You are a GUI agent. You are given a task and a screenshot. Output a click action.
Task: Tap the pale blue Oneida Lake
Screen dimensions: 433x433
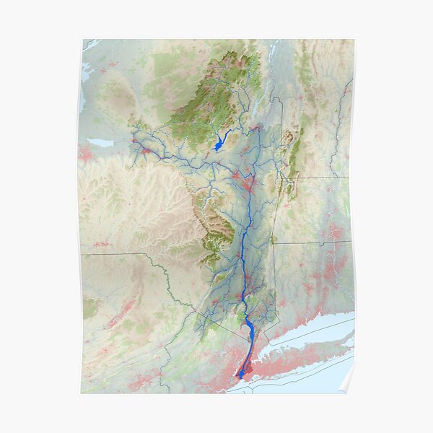tap(102, 143)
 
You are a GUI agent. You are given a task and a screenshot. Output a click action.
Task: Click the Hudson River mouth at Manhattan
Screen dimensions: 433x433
tap(240, 375)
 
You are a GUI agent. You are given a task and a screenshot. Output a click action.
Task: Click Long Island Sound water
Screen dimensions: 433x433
tap(303, 335)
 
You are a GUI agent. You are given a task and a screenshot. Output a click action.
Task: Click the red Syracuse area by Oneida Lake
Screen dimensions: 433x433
tap(87, 153)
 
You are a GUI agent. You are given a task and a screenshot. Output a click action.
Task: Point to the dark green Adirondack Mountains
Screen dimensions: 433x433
tap(216, 94)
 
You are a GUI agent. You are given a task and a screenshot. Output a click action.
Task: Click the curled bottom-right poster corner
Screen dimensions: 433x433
tap(347, 386)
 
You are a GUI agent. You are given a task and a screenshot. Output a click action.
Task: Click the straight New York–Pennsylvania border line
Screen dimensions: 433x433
tap(123, 255)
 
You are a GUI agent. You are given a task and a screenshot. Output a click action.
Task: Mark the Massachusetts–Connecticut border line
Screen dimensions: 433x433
tap(310, 243)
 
